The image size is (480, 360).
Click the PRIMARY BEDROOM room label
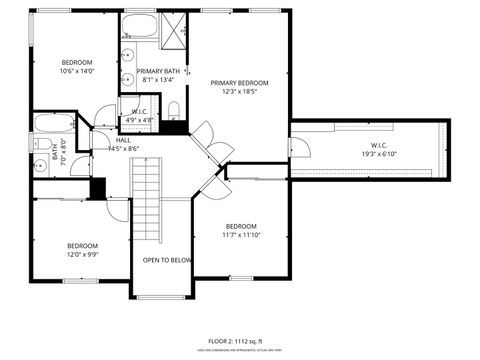point(240,82)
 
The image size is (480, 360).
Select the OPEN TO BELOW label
point(167,260)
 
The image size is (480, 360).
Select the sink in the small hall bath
point(41,165)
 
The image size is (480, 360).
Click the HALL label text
point(123,140)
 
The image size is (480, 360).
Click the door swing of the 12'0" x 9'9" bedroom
point(117,208)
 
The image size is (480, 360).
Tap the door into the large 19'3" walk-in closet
point(299,148)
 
